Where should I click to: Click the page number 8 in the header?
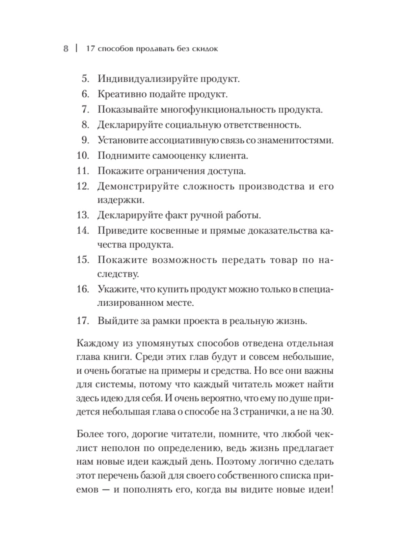tap(66, 49)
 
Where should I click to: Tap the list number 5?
tap(85, 79)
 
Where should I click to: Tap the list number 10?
tap(83, 156)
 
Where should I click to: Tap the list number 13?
tap(83, 215)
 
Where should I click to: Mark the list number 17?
tap(83, 321)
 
